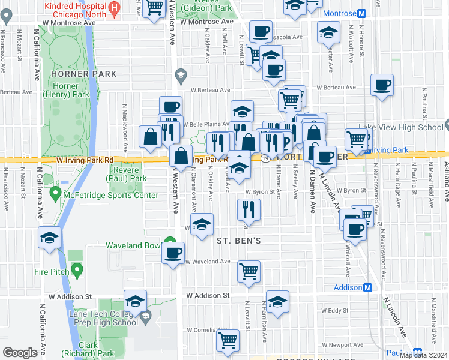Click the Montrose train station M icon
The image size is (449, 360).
pyautogui.click(x=363, y=13)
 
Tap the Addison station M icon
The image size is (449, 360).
pyautogui.click(x=368, y=287)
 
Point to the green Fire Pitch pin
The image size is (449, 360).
pyautogui.click(x=77, y=271)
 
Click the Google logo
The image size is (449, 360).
pyautogui.click(x=20, y=353)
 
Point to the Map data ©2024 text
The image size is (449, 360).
pyautogui.click(x=423, y=355)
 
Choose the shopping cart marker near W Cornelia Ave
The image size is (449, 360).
pyautogui.click(x=228, y=340)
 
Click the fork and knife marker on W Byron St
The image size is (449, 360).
pyautogui.click(x=248, y=209)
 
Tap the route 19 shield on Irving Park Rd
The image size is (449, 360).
pyautogui.click(x=265, y=158)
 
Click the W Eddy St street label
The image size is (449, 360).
pyautogui.click(x=331, y=310)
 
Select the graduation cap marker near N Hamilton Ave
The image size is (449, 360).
pyautogui.click(x=277, y=302)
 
